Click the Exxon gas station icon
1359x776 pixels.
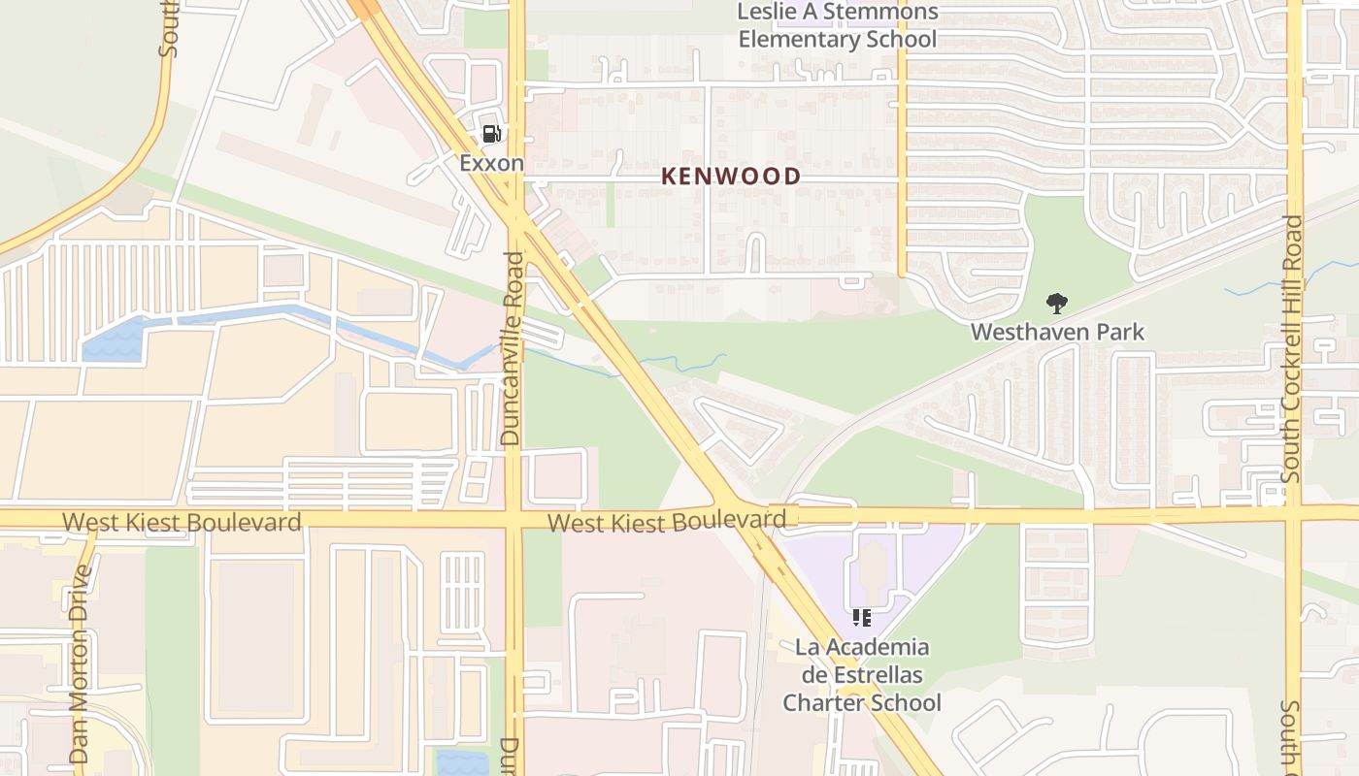(x=492, y=134)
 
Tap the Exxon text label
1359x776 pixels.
(x=491, y=163)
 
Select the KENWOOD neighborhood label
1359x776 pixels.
(x=731, y=177)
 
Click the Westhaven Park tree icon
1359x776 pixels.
(x=1057, y=305)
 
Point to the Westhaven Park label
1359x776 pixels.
(x=1057, y=332)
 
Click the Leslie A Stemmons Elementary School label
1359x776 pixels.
(x=837, y=26)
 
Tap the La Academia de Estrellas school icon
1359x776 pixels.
(x=861, y=617)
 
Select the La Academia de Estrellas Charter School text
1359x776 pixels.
(x=862, y=674)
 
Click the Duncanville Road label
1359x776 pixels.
(x=512, y=349)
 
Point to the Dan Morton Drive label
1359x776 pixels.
(x=80, y=664)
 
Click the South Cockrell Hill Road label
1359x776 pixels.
(x=1291, y=349)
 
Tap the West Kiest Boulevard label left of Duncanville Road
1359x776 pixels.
(x=182, y=523)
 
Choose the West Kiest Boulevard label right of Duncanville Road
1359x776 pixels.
(x=666, y=522)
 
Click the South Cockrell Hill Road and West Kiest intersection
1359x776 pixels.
(x=1293, y=511)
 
